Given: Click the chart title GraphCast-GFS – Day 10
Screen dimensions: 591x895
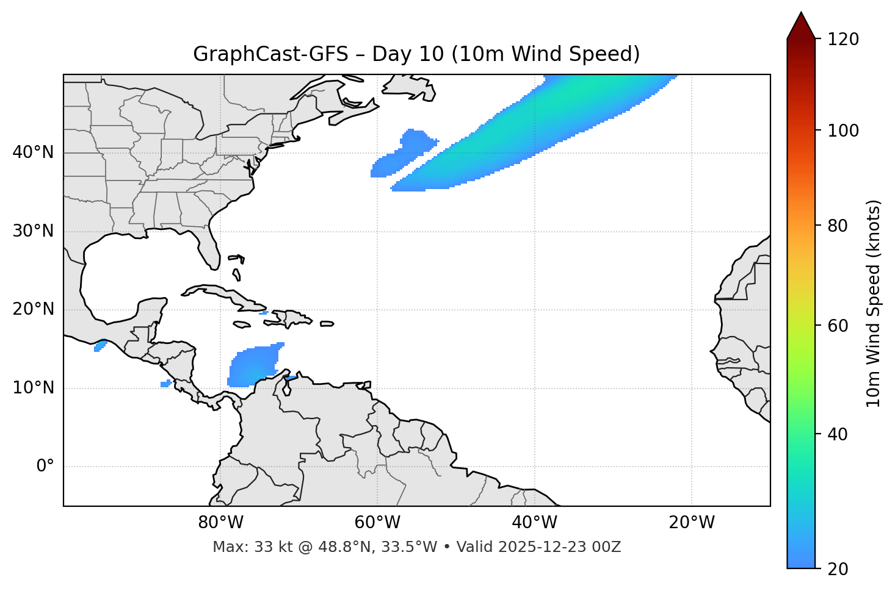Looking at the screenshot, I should [x=416, y=54].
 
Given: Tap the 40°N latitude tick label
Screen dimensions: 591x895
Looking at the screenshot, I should [x=33, y=152].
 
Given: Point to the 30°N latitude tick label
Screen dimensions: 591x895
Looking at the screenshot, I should [x=33, y=231].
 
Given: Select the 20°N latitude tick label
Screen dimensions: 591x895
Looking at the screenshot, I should [x=33, y=310].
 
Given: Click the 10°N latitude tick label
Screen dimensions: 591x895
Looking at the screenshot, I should [x=33, y=388].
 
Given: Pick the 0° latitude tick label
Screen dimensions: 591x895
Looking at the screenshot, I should [x=45, y=467].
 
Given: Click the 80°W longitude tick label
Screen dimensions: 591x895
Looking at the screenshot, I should [x=220, y=523].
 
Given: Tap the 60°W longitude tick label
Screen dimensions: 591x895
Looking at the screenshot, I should [x=377, y=523].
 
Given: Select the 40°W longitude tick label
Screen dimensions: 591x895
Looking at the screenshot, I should [x=534, y=523].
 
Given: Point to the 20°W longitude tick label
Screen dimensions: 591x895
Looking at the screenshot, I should [x=691, y=523].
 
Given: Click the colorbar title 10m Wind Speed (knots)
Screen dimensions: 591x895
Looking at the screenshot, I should [x=874, y=303].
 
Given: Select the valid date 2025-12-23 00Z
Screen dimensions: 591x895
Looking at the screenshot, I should [x=559, y=547].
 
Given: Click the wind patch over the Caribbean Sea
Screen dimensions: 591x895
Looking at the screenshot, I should [x=253, y=366].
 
